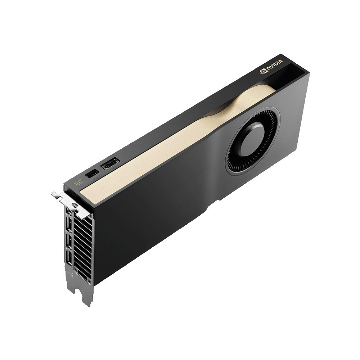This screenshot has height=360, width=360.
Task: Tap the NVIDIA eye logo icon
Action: pos(264,71)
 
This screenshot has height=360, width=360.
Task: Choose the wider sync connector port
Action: pos(111,164)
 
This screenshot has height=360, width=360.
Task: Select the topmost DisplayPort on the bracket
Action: pos(68,211)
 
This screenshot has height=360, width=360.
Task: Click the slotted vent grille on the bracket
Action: pos(83,245)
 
